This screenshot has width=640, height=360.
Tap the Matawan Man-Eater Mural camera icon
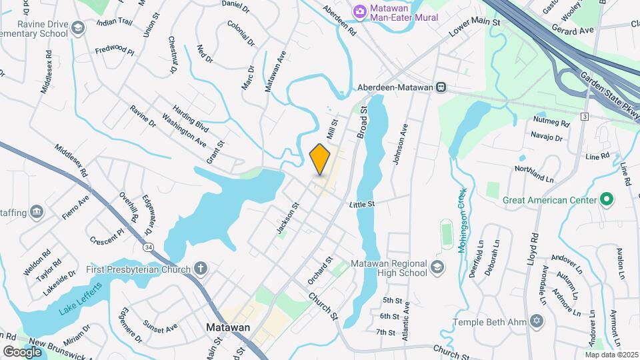coord(360,11)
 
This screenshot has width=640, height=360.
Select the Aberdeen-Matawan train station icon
coord(441,87)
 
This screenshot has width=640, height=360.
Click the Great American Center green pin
coord(606,199)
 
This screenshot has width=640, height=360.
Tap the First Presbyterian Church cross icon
coord(199,269)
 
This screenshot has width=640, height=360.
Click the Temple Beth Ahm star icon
coord(537,322)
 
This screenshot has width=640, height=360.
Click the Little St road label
coord(363,204)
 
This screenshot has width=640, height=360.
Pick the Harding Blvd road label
coord(191,117)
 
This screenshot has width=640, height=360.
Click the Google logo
coord(22,351)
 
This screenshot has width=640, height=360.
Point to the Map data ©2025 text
coord(611,355)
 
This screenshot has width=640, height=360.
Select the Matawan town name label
coord(228,328)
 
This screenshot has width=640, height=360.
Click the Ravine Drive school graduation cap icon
coord(78,28)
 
